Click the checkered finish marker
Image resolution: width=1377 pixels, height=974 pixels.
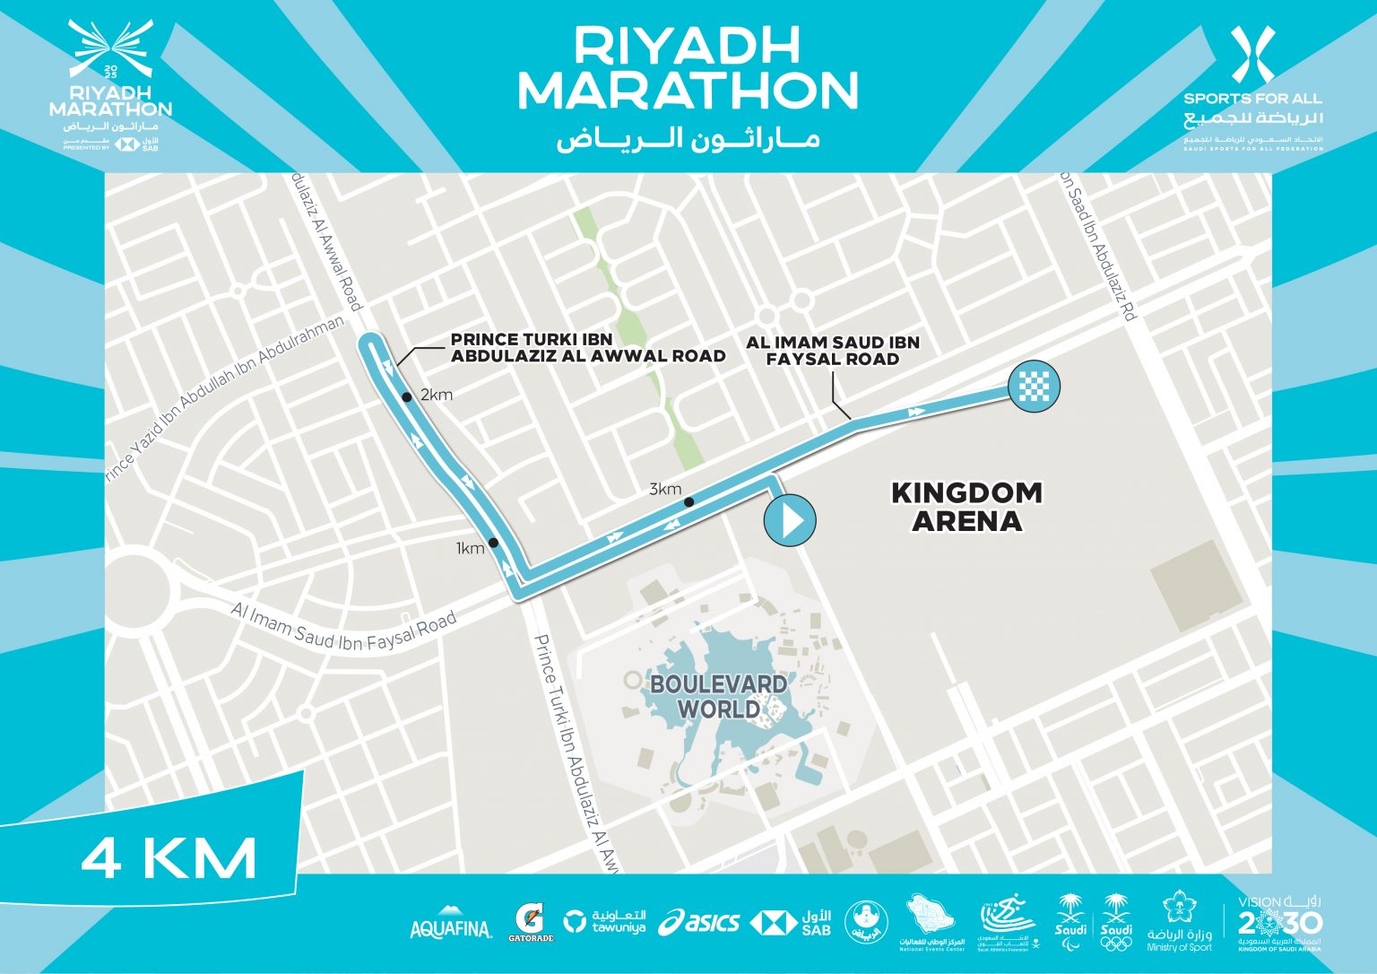pos(1034,387)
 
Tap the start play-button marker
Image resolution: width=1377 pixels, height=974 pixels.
pos(790,520)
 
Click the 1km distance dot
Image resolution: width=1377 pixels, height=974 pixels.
pos(493,543)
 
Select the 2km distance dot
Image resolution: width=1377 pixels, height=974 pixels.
pos(406,396)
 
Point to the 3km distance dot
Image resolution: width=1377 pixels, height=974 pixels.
pos(688,501)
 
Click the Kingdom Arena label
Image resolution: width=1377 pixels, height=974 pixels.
pos(966,507)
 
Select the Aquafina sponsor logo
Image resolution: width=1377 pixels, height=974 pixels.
pos(451,927)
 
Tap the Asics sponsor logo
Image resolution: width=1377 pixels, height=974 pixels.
pos(699,922)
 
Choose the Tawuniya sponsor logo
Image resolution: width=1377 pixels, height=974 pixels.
pos(605,922)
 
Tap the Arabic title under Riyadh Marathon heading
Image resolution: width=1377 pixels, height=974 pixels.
pos(688,139)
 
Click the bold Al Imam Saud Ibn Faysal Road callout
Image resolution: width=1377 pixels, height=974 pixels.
pos(832,350)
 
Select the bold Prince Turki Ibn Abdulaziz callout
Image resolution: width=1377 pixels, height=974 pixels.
pos(587,347)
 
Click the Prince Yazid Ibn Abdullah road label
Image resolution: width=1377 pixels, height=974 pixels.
pos(224,402)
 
